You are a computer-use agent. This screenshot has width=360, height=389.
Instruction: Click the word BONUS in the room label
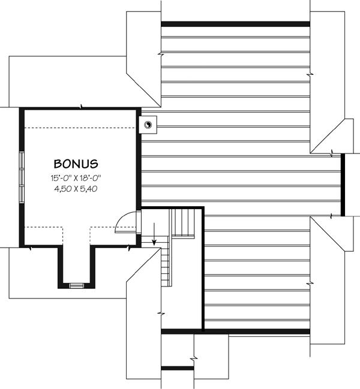click(x=76, y=163)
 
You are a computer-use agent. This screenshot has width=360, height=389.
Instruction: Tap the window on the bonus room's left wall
click(x=22, y=177)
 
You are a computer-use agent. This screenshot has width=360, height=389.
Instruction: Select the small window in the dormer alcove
click(x=76, y=285)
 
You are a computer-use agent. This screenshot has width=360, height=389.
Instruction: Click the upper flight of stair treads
click(x=184, y=223)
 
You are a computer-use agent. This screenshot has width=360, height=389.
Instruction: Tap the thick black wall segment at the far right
click(x=342, y=185)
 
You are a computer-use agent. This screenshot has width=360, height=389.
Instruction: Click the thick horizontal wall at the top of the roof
click(x=235, y=24)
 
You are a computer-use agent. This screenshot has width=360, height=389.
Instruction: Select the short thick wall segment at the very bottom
click(x=178, y=367)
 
